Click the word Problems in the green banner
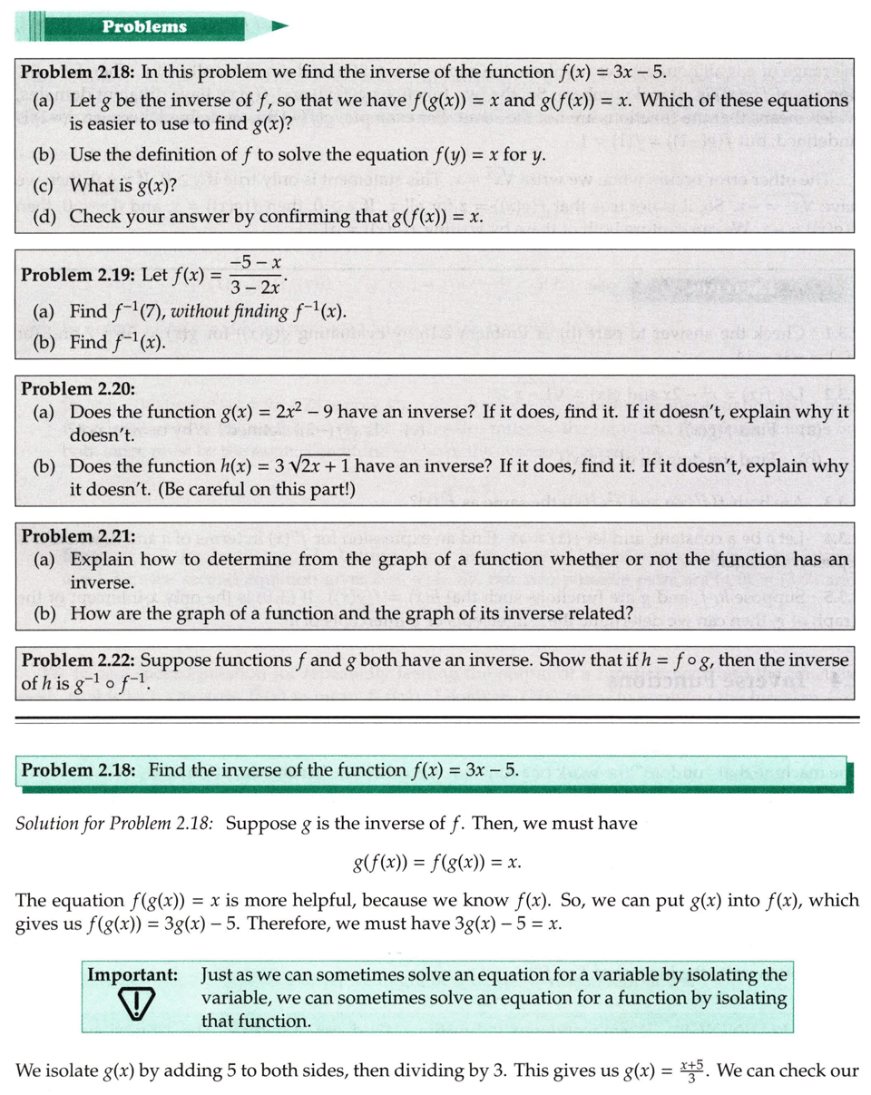coord(144,26)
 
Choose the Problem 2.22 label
coord(78,660)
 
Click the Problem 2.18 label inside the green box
coord(78,771)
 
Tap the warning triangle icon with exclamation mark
coord(134,1004)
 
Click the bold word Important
coord(132,975)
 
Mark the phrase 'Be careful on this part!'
coord(261,491)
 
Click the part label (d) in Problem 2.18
coord(44,217)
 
